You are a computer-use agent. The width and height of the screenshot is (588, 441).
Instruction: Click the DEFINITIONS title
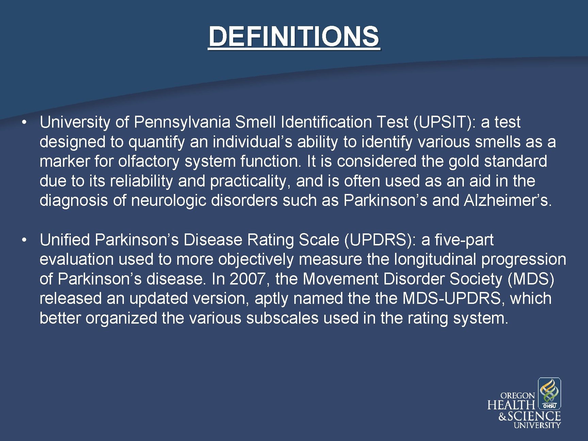point(294,36)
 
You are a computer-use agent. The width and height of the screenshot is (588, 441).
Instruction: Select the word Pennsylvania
point(182,122)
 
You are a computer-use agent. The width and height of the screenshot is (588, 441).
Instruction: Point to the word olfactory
point(149,161)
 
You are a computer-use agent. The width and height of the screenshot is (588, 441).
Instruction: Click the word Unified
point(65,240)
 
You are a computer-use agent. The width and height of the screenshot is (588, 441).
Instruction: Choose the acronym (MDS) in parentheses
point(531,279)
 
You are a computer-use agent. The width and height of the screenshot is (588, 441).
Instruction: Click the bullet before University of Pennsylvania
point(24,122)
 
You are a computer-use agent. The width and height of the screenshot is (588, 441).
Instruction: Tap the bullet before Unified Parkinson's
point(24,240)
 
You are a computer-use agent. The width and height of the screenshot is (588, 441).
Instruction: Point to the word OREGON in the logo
point(517,396)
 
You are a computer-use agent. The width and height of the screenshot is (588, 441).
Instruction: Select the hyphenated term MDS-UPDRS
point(452,299)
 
